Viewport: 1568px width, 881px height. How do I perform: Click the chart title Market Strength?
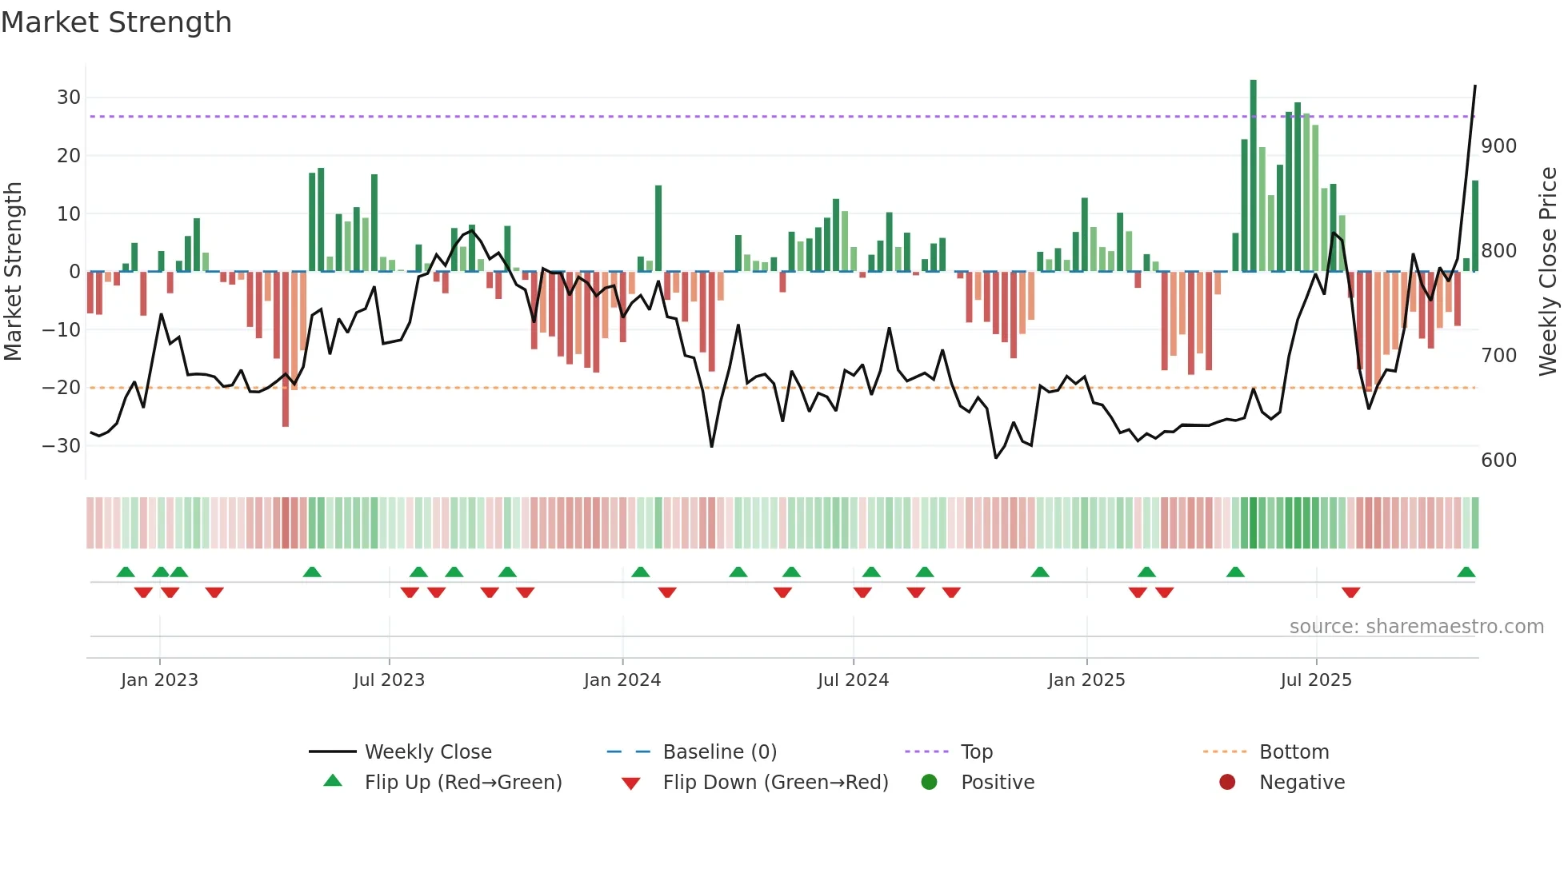[116, 22]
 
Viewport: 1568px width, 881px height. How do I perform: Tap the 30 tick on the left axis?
[68, 98]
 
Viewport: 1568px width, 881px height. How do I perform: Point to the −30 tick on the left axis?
[62, 446]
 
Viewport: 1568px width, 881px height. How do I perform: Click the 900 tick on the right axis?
[1498, 146]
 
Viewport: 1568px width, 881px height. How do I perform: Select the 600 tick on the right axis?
[1498, 460]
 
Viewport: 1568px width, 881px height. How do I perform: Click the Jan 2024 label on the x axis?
[622, 680]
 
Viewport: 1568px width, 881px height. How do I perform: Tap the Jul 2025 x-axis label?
[1315, 680]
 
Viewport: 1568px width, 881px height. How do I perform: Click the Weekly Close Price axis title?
[1548, 272]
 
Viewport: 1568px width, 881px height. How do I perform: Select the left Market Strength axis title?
[13, 272]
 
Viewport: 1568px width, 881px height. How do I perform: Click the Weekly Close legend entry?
[427, 752]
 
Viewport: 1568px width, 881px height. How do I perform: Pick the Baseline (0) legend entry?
[719, 752]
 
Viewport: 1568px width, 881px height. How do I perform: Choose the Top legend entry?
[976, 752]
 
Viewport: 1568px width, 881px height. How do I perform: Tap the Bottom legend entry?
[1294, 752]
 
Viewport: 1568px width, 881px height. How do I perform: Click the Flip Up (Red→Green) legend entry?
[462, 783]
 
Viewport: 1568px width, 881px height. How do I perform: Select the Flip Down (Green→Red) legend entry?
[774, 783]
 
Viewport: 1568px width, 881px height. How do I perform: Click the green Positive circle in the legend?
[929, 783]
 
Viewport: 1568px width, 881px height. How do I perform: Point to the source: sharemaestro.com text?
[1416, 627]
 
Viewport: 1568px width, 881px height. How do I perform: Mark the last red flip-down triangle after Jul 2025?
[1350, 592]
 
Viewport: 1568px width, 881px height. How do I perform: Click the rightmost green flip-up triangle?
[1466, 572]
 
